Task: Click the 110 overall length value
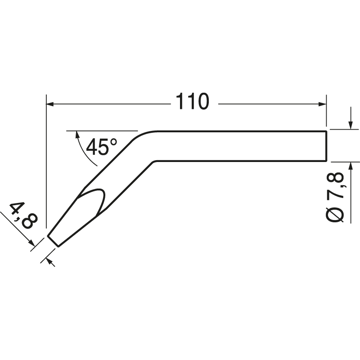point(192,102)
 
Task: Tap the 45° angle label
point(101,147)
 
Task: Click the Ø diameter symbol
point(337,214)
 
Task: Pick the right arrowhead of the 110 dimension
point(322,104)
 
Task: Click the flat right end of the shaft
point(325,145)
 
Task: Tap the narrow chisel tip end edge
point(53,241)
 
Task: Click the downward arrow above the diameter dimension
point(350,125)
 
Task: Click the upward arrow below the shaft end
point(350,166)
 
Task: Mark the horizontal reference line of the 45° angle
point(101,131)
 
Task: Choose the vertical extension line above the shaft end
point(326,112)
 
